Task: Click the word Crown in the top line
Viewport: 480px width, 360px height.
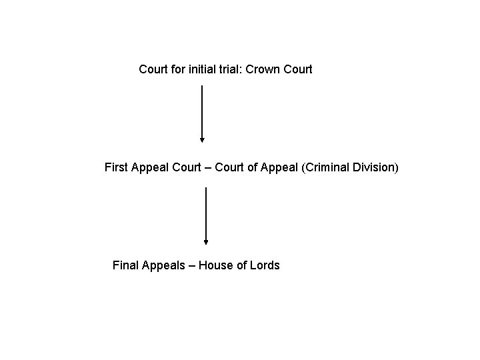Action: point(262,69)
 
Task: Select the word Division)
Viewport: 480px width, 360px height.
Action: point(375,167)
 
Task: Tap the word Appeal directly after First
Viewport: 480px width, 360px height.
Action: point(149,167)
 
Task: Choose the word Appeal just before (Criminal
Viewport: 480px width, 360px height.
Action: point(279,167)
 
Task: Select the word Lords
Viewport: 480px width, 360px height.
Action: point(265,265)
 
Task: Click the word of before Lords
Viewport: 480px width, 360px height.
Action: point(241,265)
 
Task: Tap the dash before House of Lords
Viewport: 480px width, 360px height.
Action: point(191,265)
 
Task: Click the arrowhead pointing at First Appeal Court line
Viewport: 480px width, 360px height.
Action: point(202,140)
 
